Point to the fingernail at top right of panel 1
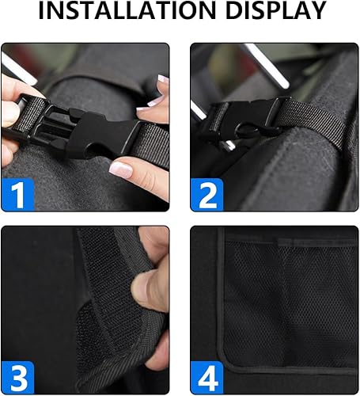[162, 79]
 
